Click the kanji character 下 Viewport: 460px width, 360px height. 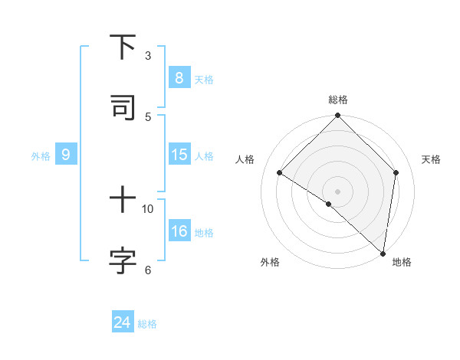[x=123, y=47]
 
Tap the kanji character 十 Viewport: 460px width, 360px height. [x=123, y=201]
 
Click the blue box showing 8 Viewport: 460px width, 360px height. [x=179, y=77]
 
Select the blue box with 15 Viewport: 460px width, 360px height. [x=179, y=155]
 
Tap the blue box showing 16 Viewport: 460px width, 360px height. [x=179, y=231]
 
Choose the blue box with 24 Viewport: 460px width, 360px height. [x=122, y=322]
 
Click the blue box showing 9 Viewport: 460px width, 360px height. [x=66, y=155]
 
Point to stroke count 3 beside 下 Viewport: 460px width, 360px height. [x=148, y=55]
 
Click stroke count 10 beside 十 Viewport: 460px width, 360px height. [x=148, y=208]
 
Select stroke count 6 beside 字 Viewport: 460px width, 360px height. [x=148, y=269]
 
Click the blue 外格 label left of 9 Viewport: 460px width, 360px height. [x=41, y=156]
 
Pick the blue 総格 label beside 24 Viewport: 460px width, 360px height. [x=147, y=324]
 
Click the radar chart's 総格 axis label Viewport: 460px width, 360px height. [x=338, y=100]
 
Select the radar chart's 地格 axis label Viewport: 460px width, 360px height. [x=402, y=262]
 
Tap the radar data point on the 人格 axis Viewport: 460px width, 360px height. [x=280, y=172]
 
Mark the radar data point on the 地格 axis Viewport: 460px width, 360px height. [x=383, y=253]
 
